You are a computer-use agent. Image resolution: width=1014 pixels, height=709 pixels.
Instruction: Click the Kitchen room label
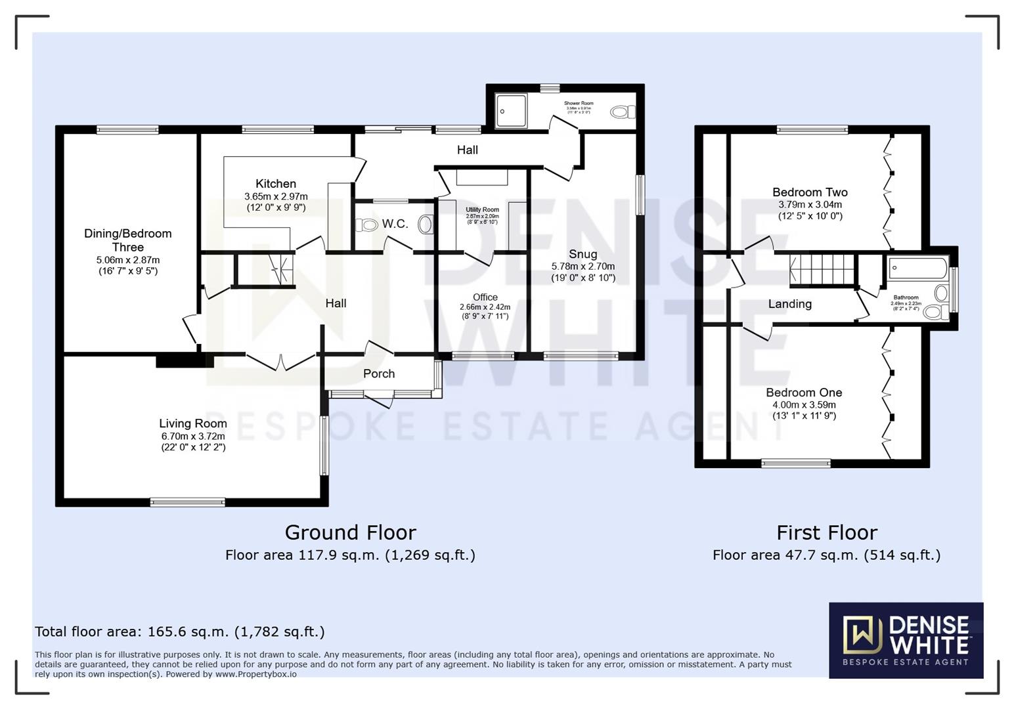click(x=276, y=184)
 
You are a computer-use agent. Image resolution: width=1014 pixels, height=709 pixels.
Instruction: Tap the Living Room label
click(x=193, y=423)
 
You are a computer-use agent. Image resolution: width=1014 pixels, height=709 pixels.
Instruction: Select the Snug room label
click(x=583, y=254)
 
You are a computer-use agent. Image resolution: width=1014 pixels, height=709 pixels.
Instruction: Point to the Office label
click(x=485, y=297)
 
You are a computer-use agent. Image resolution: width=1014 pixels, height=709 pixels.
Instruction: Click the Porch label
click(x=379, y=374)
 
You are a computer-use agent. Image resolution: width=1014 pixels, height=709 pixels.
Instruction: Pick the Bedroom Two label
click(x=810, y=192)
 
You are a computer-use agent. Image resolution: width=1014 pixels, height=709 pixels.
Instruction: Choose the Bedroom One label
click(x=804, y=393)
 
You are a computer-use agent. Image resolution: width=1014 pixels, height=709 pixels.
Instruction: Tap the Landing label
click(x=789, y=304)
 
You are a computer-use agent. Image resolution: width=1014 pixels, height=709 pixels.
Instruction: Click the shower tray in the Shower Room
click(x=510, y=111)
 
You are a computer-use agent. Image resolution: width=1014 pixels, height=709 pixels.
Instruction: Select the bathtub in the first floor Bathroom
click(x=917, y=269)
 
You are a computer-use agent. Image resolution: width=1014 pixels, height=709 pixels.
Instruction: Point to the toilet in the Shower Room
click(x=621, y=112)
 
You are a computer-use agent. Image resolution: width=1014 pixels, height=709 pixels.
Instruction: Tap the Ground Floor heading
click(x=350, y=532)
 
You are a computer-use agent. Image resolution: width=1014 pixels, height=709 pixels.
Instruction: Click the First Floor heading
click(x=827, y=532)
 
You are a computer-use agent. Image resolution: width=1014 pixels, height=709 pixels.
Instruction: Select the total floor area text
click(x=179, y=632)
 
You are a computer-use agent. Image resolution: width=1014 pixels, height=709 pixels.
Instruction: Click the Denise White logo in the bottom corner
click(x=906, y=640)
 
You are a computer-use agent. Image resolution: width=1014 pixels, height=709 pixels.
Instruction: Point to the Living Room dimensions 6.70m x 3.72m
click(x=193, y=436)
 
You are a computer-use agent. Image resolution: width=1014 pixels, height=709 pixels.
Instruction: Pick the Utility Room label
click(x=482, y=210)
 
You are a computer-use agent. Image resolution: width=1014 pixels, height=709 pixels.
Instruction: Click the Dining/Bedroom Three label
click(x=127, y=240)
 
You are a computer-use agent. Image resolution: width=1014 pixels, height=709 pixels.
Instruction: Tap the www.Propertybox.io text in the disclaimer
click(x=256, y=674)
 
